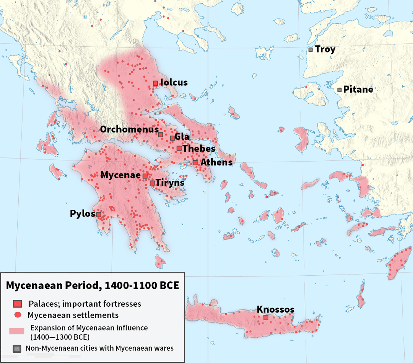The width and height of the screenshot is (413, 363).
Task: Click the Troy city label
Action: (x=325, y=49)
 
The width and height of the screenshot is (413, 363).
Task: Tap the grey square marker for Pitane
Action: (x=340, y=90)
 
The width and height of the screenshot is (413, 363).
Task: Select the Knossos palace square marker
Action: (x=266, y=317)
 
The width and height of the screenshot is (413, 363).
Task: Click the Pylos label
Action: (x=82, y=214)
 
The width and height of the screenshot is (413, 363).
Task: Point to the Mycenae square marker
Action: (x=145, y=176)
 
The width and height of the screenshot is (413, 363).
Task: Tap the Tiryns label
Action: (x=170, y=183)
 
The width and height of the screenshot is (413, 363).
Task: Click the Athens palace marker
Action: (x=195, y=163)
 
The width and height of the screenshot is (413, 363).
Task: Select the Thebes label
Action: (x=199, y=149)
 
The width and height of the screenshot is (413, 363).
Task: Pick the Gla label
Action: (x=182, y=137)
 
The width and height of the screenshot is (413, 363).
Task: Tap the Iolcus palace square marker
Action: (x=155, y=83)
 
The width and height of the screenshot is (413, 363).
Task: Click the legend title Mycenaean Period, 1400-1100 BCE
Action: (x=93, y=286)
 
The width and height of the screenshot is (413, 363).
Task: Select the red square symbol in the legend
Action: (x=17, y=304)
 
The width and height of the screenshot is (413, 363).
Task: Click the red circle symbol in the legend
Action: (x=17, y=315)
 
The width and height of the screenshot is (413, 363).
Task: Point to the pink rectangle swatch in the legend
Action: (x=17, y=331)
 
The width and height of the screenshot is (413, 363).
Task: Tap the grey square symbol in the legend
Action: (x=17, y=348)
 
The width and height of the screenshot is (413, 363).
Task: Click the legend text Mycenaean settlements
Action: (x=73, y=315)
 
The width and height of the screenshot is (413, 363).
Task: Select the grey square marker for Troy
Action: (x=311, y=49)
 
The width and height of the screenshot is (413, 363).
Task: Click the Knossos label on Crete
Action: (x=275, y=309)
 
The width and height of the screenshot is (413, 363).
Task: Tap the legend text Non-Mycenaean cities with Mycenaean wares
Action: (x=99, y=348)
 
